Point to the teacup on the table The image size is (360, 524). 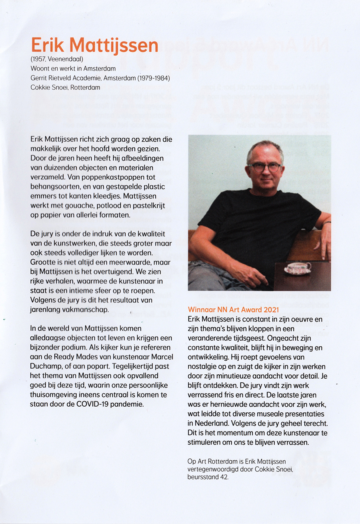pos(297,267)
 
